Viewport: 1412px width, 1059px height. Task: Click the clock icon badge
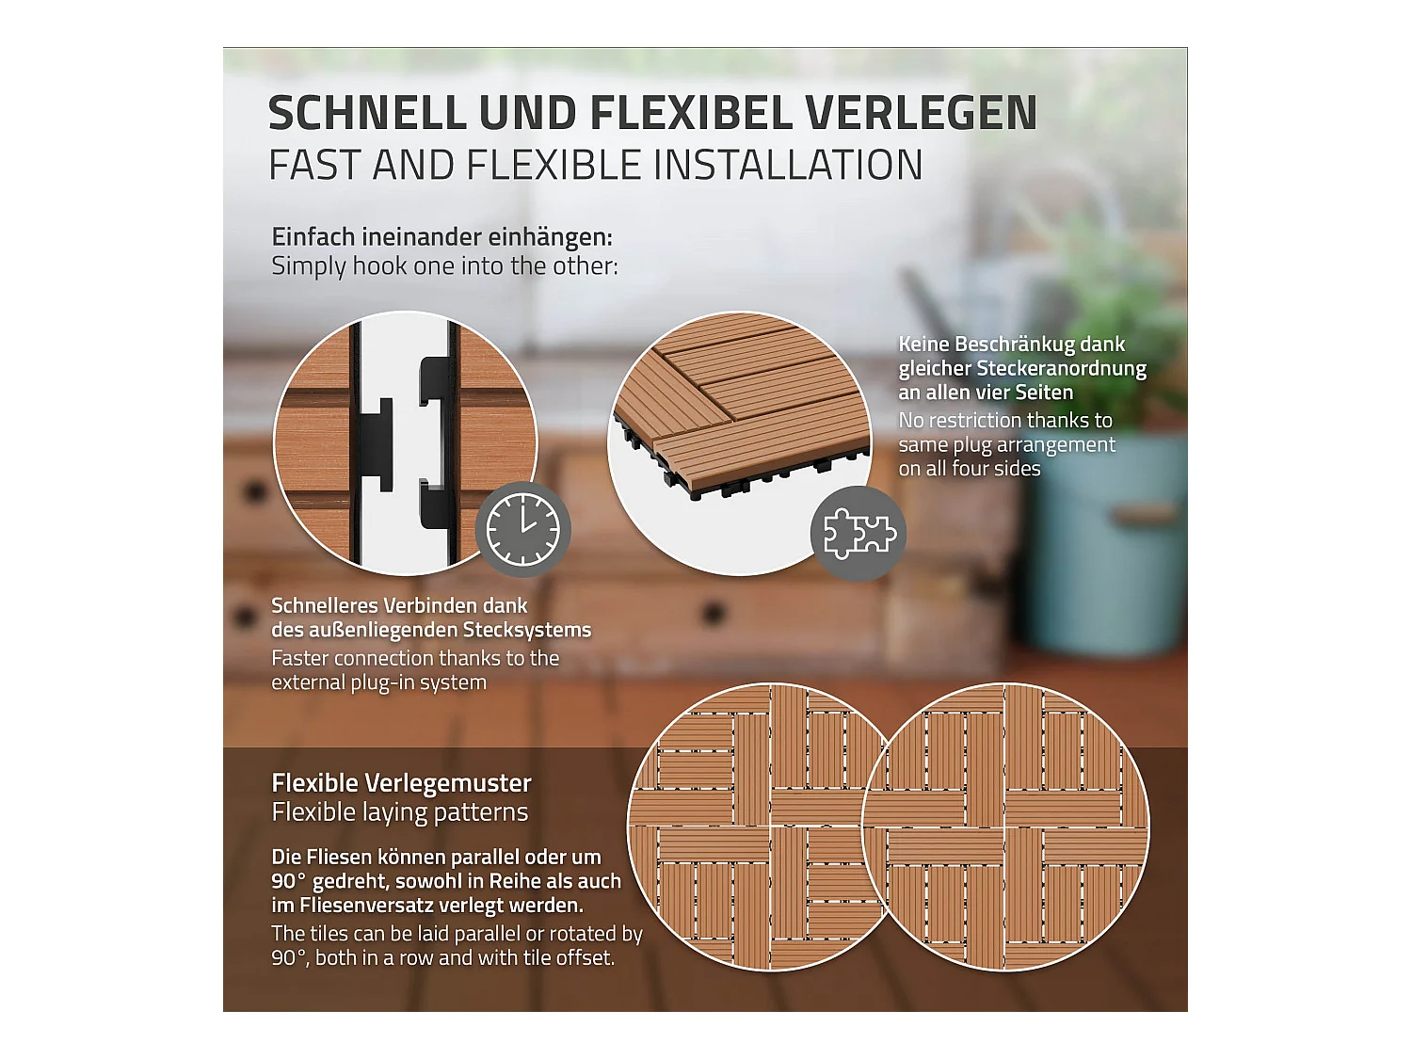click(x=522, y=530)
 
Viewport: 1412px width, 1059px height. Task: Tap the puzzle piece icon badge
click(x=858, y=534)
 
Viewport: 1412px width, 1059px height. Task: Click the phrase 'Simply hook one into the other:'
click(x=444, y=266)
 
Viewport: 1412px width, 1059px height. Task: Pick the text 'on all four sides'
click(x=970, y=469)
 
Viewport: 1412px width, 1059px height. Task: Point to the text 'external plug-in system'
click(x=378, y=682)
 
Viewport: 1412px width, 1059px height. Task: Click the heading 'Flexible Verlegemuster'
click(x=401, y=783)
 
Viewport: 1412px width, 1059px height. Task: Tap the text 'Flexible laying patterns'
click(x=400, y=812)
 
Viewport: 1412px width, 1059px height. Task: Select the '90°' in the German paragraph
click(x=288, y=882)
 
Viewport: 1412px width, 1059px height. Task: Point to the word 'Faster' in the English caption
click(x=299, y=659)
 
